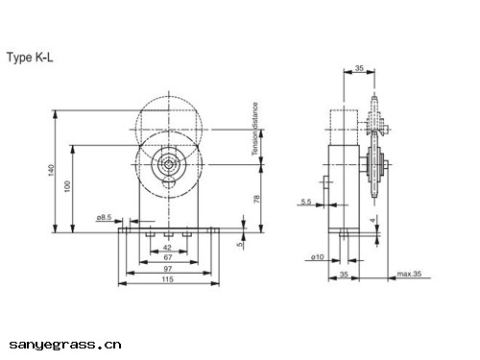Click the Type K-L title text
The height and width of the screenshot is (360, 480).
click(x=30, y=58)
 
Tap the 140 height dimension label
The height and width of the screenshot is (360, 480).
click(x=51, y=170)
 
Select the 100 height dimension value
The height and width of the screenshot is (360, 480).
click(x=67, y=186)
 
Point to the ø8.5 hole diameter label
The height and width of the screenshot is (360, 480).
click(x=104, y=217)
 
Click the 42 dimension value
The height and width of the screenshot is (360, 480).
click(x=167, y=247)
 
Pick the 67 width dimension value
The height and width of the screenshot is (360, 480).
click(x=168, y=257)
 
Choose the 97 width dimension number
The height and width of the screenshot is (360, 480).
click(x=168, y=269)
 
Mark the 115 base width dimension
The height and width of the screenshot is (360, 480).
click(x=167, y=279)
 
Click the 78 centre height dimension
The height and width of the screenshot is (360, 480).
click(x=256, y=199)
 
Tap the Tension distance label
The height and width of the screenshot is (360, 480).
click(x=254, y=129)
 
